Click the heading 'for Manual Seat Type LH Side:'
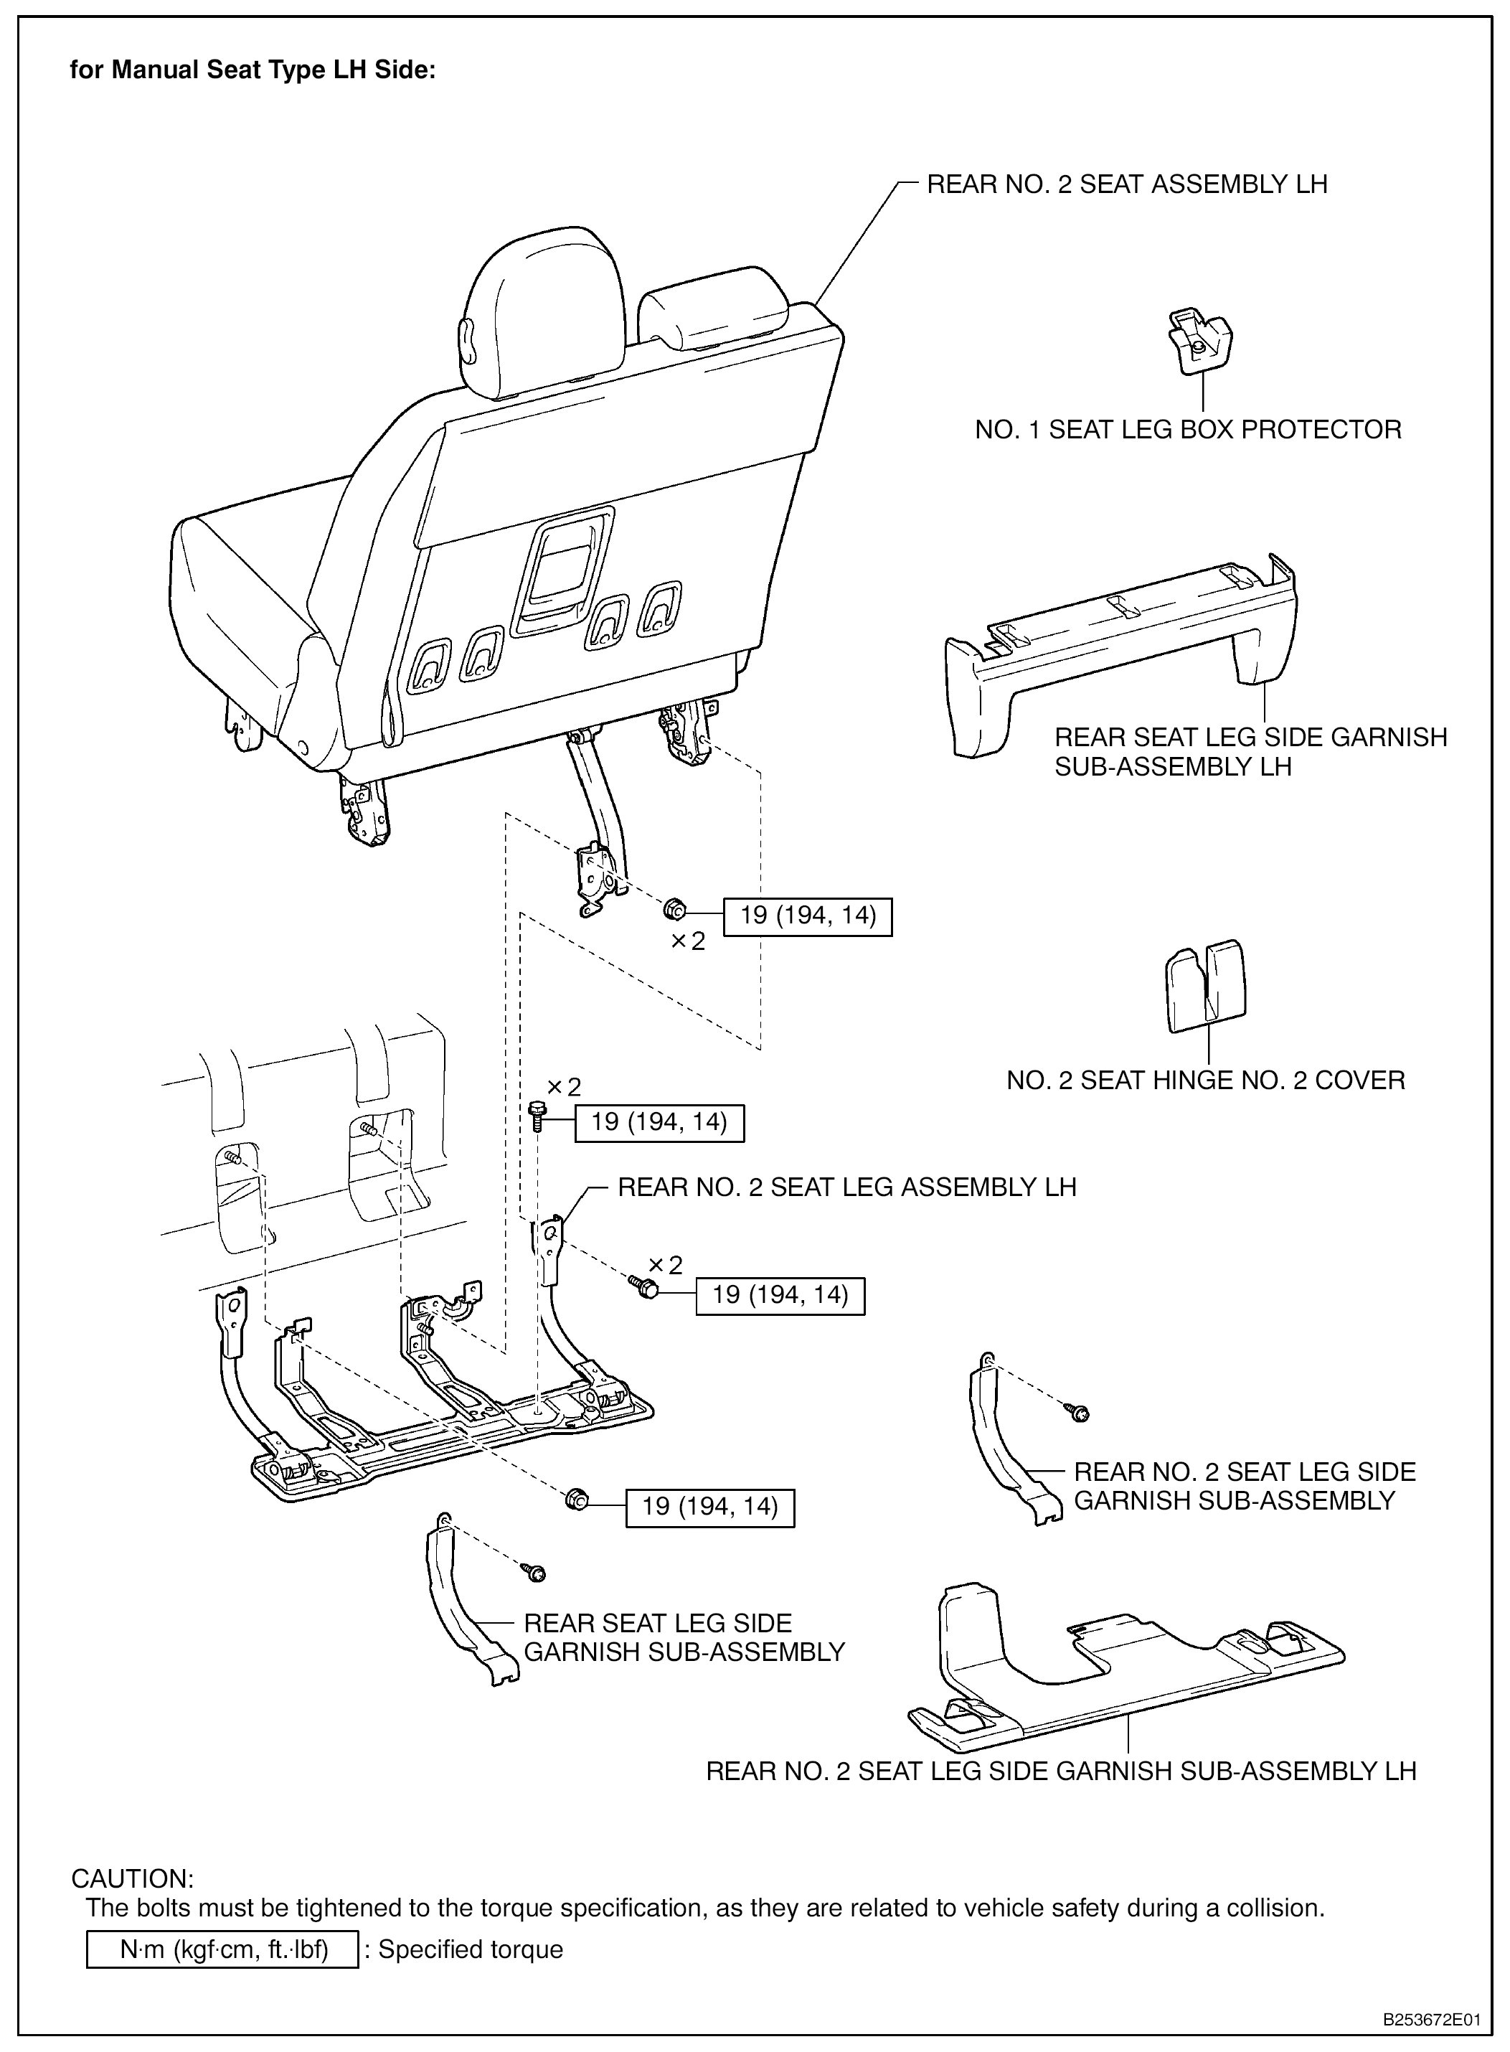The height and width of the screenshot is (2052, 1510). pos(253,70)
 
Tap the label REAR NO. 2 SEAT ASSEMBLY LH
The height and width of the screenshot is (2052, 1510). pos(1126,184)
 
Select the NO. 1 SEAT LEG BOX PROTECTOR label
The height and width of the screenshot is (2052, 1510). pos(1187,430)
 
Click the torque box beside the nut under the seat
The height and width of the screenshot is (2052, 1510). pos(807,917)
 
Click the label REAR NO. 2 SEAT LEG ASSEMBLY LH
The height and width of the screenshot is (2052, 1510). pos(846,1187)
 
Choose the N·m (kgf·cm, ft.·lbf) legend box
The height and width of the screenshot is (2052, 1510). pos(222,1949)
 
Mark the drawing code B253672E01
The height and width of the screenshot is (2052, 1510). pos(1430,2019)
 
